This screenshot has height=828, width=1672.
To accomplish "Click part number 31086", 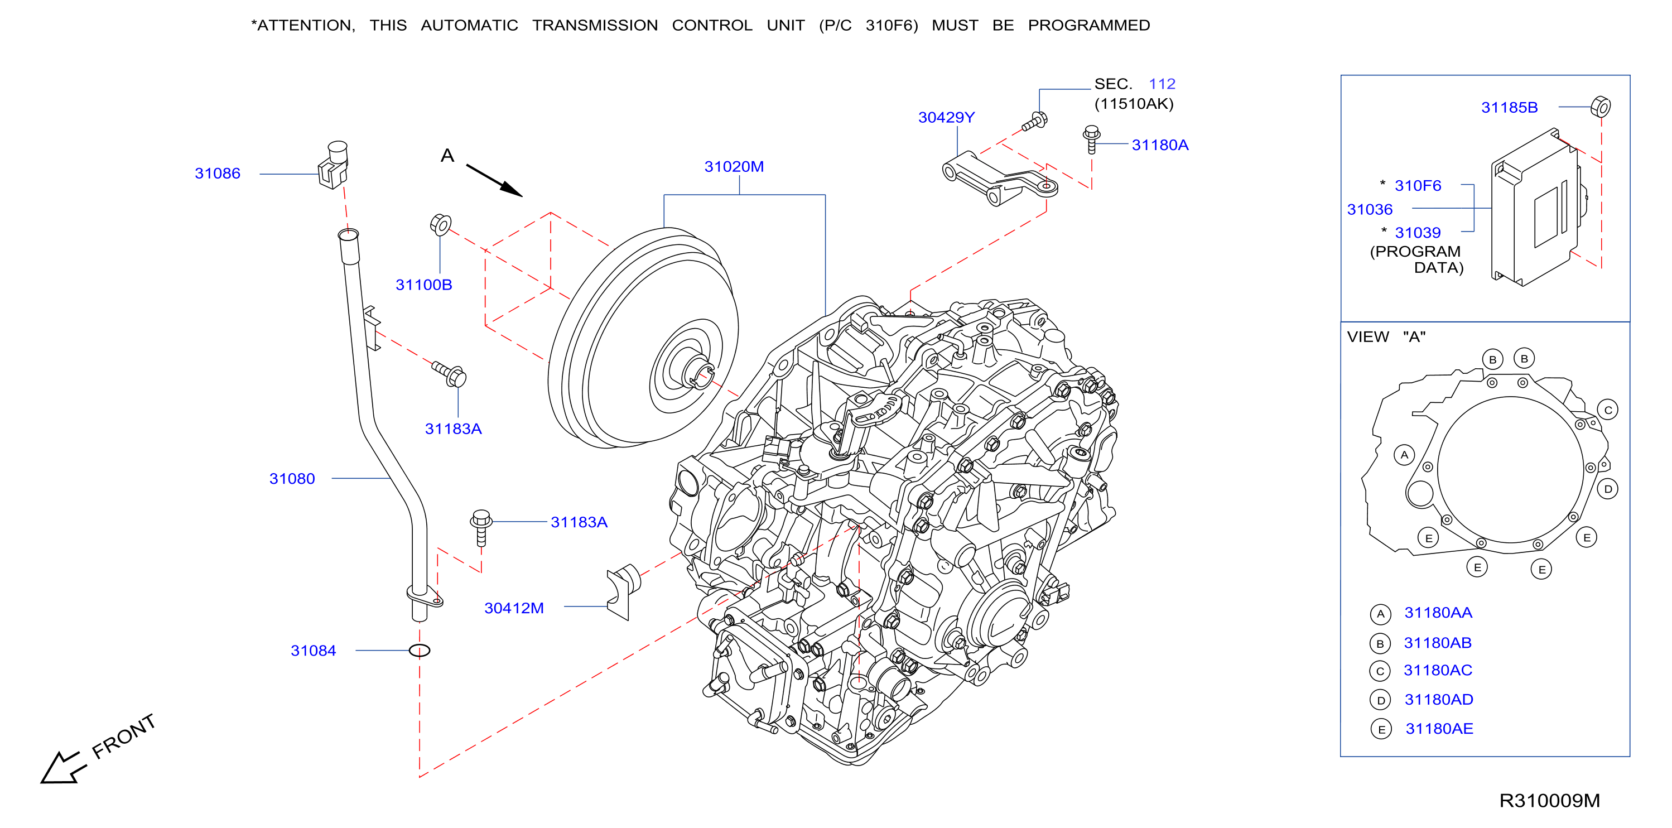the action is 218,174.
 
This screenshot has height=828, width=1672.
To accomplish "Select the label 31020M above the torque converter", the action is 734,167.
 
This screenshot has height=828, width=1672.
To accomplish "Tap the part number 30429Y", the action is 946,118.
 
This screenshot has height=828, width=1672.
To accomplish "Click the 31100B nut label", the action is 424,285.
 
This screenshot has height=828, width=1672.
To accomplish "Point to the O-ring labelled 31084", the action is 420,650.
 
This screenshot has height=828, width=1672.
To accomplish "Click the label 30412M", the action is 514,608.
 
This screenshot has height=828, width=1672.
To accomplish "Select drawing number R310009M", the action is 1549,801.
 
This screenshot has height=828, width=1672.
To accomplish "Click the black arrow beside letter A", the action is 494,180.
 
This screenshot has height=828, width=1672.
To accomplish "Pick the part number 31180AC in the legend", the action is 1438,670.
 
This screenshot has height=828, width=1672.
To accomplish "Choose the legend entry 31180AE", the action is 1439,729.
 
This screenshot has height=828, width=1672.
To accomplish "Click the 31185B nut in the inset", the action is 1601,107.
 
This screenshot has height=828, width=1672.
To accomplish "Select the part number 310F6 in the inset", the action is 1418,186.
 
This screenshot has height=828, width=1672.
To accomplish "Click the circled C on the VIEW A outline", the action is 1608,410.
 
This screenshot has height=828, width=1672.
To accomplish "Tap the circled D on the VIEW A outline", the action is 1608,489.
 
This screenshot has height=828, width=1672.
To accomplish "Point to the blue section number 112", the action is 1162,84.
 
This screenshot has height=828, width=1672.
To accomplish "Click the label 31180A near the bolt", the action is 1160,145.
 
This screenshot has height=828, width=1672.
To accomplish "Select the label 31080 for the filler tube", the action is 292,478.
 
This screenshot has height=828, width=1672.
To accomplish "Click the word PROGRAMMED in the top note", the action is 1088,25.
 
